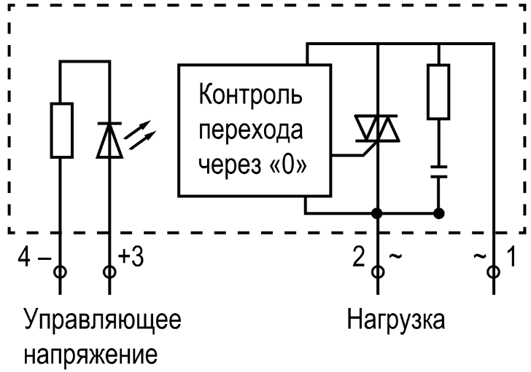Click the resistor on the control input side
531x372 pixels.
click(x=61, y=130)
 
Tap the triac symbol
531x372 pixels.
click(x=376, y=130)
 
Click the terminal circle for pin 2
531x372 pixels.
click(x=376, y=272)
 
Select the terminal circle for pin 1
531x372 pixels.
click(x=496, y=272)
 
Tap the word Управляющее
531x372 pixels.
click(x=104, y=321)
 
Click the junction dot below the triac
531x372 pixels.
click(x=376, y=214)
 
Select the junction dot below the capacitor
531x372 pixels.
click(x=438, y=214)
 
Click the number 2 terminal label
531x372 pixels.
click(x=358, y=256)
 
